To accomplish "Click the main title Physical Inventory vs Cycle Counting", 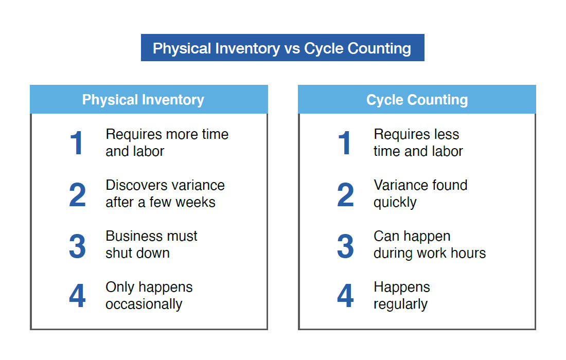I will pos(282,48).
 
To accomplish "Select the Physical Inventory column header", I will pos(143,100).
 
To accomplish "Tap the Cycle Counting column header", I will pos(417,100).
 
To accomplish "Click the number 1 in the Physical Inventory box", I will pos(77,143).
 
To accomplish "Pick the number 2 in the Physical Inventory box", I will pos(77,195).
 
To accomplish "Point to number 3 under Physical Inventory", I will pos(77,246).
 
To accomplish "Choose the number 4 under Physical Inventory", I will pos(77,296).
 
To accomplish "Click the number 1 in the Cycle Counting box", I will pos(345,143).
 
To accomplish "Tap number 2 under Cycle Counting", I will pos(345,195).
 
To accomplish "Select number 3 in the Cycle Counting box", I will pos(345,246).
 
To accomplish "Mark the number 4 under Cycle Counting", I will pos(345,296).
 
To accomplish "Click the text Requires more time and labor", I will pos(167,142).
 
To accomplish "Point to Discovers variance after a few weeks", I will pos(165,193).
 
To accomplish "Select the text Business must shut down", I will pos(151,244).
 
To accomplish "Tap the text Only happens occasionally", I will pos(149,295).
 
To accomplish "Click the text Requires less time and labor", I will pos(418,142).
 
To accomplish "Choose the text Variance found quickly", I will pos(420,193).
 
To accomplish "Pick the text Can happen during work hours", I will pos(429,244).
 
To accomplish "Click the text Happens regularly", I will pos(401,295).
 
